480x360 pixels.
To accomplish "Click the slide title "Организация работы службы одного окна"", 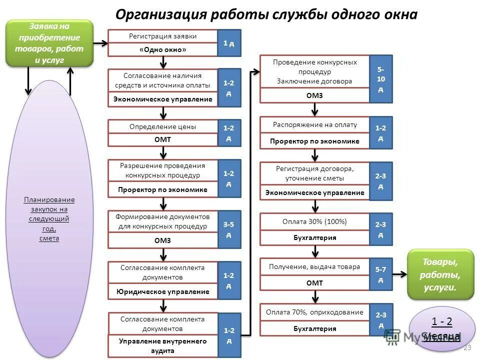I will click(266, 14).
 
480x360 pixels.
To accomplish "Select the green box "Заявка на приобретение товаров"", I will click(49, 43).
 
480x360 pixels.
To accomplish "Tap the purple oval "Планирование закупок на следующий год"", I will click(49, 218).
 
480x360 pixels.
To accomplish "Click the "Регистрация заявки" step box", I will click(162, 36).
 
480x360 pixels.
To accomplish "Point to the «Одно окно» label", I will click(162, 50).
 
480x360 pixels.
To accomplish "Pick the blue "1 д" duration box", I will click(229, 43).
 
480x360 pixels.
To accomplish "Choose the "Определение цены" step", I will click(162, 126).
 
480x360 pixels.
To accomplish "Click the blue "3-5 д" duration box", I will click(229, 229).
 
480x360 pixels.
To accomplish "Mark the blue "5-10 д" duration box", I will click(381, 78).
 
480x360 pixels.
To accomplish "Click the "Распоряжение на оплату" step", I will click(314, 124).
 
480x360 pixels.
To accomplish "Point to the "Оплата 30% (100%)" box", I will click(314, 221).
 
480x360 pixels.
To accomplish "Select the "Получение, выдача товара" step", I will click(314, 267).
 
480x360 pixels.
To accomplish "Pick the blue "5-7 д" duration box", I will click(381, 274).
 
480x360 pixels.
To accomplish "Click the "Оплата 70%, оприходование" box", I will click(314, 312).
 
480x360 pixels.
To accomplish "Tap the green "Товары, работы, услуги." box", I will click(440, 274).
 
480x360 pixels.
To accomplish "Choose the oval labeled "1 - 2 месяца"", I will click(441, 328).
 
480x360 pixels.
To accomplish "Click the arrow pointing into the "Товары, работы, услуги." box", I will click(399, 274).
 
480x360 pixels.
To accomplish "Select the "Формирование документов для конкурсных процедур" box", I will click(162, 221).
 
